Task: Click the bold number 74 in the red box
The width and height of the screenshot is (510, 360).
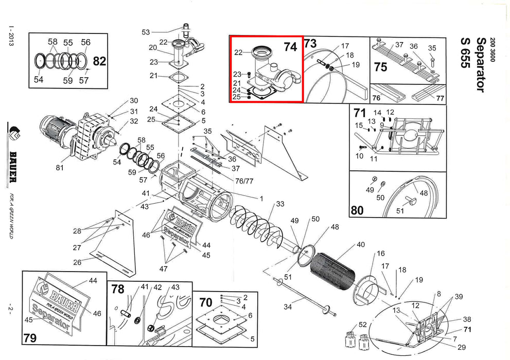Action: point(290,47)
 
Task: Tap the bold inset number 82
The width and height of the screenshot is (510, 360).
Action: point(99,61)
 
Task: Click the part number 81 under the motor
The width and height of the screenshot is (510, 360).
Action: point(60,168)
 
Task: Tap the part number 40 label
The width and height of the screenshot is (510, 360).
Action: point(361,245)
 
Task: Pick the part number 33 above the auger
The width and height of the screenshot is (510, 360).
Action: point(280,204)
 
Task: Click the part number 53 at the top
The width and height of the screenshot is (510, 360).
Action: point(146,32)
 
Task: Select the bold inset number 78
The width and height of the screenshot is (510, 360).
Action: point(118,289)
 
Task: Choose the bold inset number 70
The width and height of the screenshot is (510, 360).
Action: point(206,302)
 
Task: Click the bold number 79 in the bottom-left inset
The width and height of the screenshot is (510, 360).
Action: point(30,338)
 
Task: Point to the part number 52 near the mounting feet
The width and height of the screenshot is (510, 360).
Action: point(363,325)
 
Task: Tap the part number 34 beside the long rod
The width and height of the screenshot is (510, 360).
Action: point(288,307)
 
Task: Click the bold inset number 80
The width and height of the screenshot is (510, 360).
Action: point(357,210)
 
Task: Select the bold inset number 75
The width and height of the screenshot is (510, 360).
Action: point(380,67)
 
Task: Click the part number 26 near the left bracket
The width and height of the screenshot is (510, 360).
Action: point(77,262)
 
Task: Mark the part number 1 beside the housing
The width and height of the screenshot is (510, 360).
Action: point(261,199)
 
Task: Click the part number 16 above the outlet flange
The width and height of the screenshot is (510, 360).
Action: point(381,254)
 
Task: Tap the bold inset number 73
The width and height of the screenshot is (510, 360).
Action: point(310,43)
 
